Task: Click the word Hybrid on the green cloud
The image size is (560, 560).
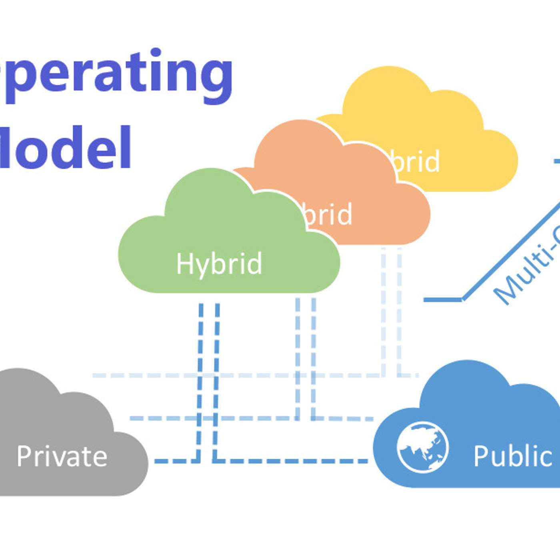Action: click(x=219, y=264)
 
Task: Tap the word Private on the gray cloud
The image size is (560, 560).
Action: click(x=62, y=456)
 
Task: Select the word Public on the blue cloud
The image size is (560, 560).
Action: click(x=513, y=456)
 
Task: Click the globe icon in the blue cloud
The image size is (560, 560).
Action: click(x=422, y=447)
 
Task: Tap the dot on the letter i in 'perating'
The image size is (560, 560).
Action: click(x=156, y=53)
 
